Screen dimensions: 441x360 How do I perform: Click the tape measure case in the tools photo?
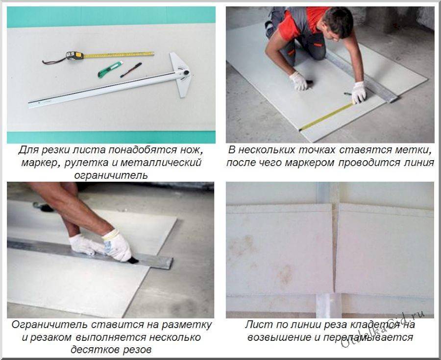75,55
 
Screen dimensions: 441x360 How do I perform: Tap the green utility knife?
110,70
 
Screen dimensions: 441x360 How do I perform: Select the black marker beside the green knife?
131,70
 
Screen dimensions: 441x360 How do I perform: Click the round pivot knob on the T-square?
186,72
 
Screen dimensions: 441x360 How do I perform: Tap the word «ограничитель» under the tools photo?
111,175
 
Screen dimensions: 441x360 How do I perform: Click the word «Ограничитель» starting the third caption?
49,325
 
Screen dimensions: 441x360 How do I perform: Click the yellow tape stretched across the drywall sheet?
327,117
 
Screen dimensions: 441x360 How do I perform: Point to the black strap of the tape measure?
54,60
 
